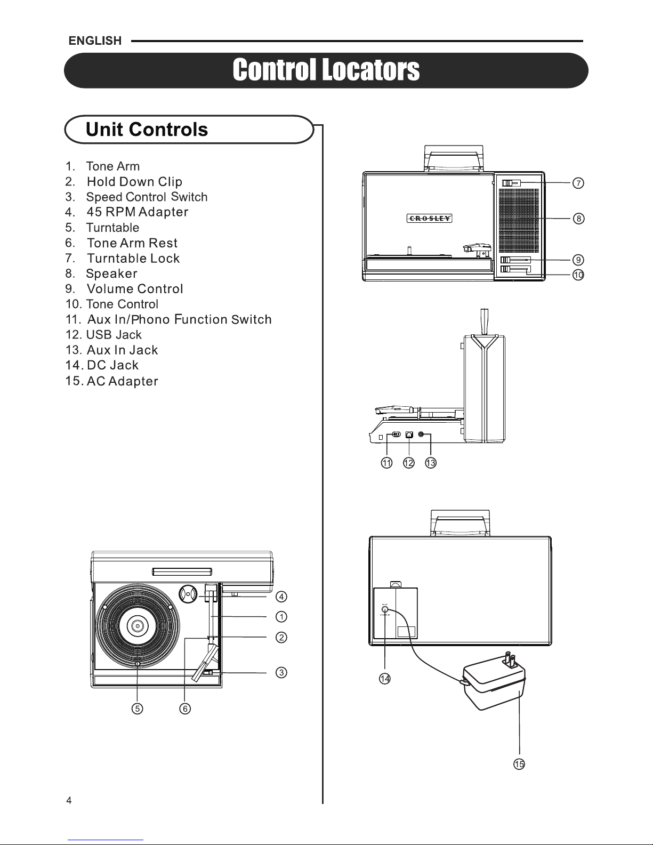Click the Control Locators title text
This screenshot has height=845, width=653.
pyautogui.click(x=326, y=70)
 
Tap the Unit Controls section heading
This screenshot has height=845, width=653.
pyautogui.click(x=147, y=129)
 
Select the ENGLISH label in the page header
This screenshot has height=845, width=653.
pyautogui.click(x=95, y=41)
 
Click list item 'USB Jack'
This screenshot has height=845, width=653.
pyautogui.click(x=103, y=334)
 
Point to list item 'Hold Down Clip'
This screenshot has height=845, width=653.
pyautogui.click(x=124, y=182)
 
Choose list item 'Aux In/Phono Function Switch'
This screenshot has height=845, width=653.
pyautogui.click(x=168, y=319)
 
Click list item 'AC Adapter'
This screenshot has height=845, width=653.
pyautogui.click(x=111, y=381)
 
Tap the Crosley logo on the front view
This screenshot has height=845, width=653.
pyautogui.click(x=430, y=218)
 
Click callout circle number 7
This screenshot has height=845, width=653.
pyautogui.click(x=578, y=183)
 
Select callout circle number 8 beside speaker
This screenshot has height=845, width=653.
pyautogui.click(x=578, y=219)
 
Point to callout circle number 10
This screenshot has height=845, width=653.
pyautogui.click(x=578, y=275)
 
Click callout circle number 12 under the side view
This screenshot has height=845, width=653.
pyautogui.click(x=408, y=463)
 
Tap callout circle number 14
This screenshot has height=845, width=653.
pyautogui.click(x=385, y=679)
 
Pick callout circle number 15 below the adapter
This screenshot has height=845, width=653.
pyautogui.click(x=519, y=764)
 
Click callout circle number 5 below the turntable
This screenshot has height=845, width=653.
pyautogui.click(x=137, y=709)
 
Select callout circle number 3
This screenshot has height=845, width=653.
pyautogui.click(x=281, y=672)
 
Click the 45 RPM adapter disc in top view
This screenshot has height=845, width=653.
pyautogui.click(x=188, y=594)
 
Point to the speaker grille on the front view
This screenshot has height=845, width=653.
pyautogui.click(x=519, y=221)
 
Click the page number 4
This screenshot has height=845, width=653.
pyautogui.click(x=69, y=800)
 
